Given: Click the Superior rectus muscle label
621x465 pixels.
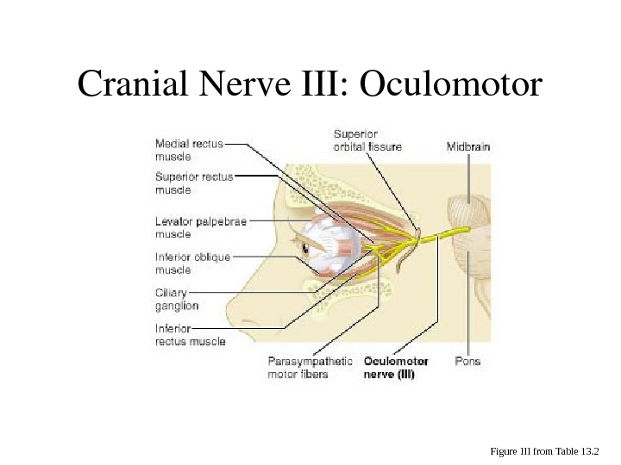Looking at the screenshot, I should pyautogui.click(x=194, y=181).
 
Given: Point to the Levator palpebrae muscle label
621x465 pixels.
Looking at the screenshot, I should pyautogui.click(x=201, y=227).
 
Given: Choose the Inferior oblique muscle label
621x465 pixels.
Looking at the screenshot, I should pyautogui.click(x=192, y=262).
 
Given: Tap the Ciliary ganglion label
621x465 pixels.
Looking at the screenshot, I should pyautogui.click(x=177, y=298).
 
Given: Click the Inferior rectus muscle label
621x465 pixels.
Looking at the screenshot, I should pyautogui.click(x=190, y=334).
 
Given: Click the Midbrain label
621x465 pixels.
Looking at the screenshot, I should pyautogui.click(x=468, y=146).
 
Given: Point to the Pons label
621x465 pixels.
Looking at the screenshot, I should pyautogui.click(x=467, y=362).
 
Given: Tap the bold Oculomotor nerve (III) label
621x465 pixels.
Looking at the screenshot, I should pyautogui.click(x=396, y=368).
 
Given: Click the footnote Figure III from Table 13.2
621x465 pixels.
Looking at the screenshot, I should pyautogui.click(x=549, y=450).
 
